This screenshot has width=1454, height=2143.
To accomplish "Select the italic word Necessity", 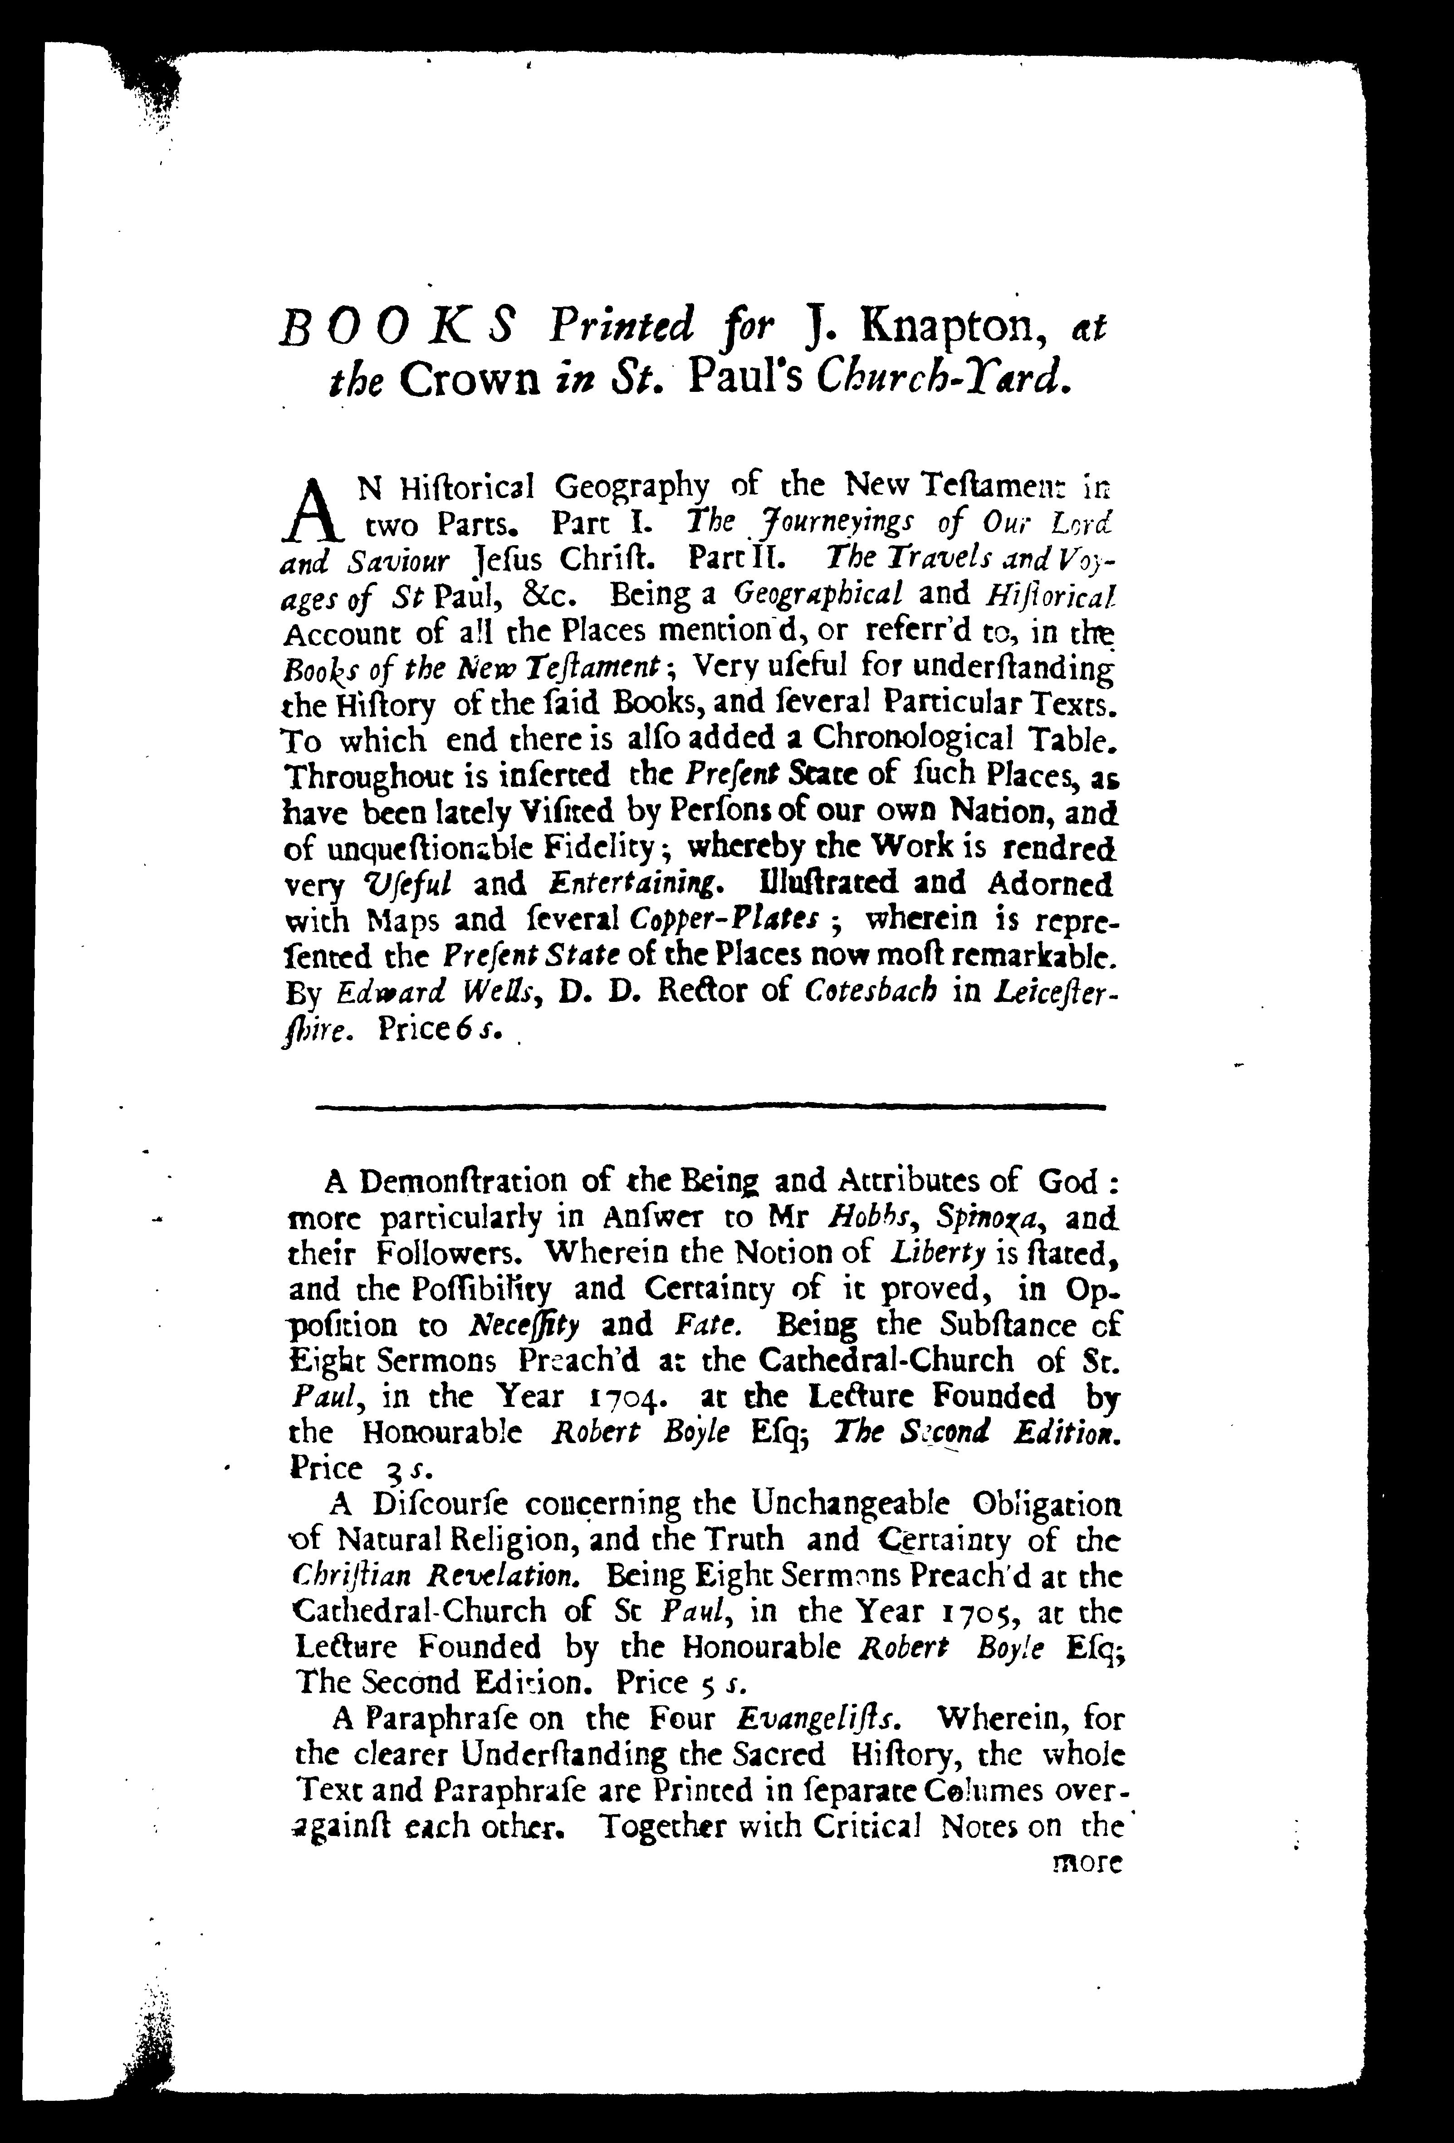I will tap(524, 1325).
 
